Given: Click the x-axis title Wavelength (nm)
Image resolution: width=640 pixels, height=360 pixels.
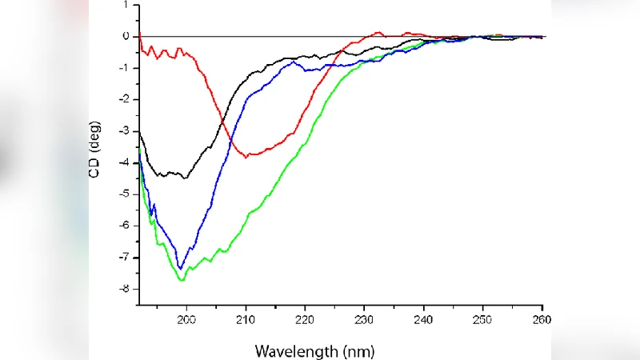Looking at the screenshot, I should [x=314, y=350].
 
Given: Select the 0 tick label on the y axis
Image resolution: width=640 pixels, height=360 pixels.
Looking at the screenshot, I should [x=126, y=37].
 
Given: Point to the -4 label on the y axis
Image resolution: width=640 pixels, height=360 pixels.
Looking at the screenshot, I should [x=123, y=162].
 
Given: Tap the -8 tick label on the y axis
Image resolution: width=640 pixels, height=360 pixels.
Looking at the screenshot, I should [x=123, y=289].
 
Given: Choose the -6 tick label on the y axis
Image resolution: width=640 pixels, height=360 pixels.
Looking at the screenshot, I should [x=123, y=226].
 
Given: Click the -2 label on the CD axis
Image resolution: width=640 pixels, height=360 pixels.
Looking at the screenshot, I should [x=123, y=99].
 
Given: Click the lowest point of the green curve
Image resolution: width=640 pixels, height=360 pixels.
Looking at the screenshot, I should [x=182, y=280].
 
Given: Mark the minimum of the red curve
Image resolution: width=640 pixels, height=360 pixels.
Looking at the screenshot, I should [x=246, y=157].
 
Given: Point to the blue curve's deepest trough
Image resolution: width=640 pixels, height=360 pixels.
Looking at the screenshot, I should [x=181, y=268].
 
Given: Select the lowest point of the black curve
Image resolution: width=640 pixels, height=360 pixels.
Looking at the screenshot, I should [x=186, y=178].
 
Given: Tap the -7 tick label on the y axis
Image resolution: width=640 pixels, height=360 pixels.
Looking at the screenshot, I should [x=123, y=258].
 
